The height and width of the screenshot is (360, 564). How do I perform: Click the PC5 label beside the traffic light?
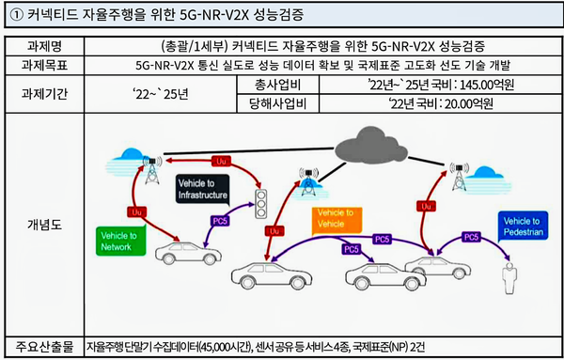218,221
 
